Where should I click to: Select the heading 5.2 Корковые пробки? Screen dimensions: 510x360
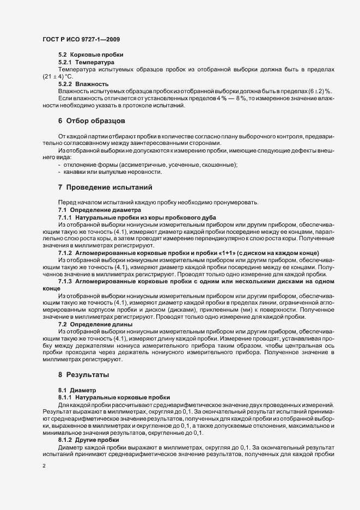(x=90, y=56)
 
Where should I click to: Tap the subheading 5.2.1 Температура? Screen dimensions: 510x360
(x=88, y=63)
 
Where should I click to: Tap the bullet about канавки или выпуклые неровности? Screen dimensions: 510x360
(x=113, y=172)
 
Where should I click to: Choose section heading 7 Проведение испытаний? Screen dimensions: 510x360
(x=105, y=187)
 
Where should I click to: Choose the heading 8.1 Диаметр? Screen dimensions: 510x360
(x=77, y=391)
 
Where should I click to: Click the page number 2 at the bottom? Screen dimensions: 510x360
(x=44, y=466)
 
